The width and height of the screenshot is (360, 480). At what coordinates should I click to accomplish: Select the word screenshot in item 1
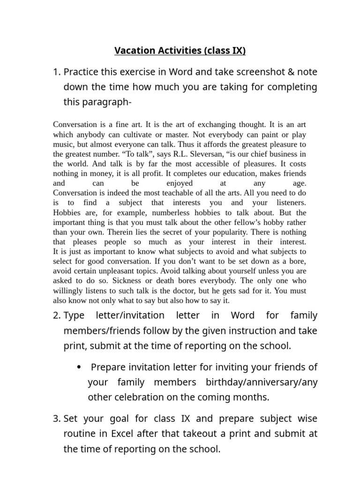[x=259, y=72]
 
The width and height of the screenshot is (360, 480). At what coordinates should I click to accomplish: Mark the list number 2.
[x=56, y=315]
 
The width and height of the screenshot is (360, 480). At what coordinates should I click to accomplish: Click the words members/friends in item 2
[x=96, y=330]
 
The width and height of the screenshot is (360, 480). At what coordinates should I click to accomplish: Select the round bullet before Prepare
[x=79, y=367]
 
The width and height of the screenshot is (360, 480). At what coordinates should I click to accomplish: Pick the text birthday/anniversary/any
[x=261, y=382]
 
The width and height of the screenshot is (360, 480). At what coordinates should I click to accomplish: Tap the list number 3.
[x=56, y=418]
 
